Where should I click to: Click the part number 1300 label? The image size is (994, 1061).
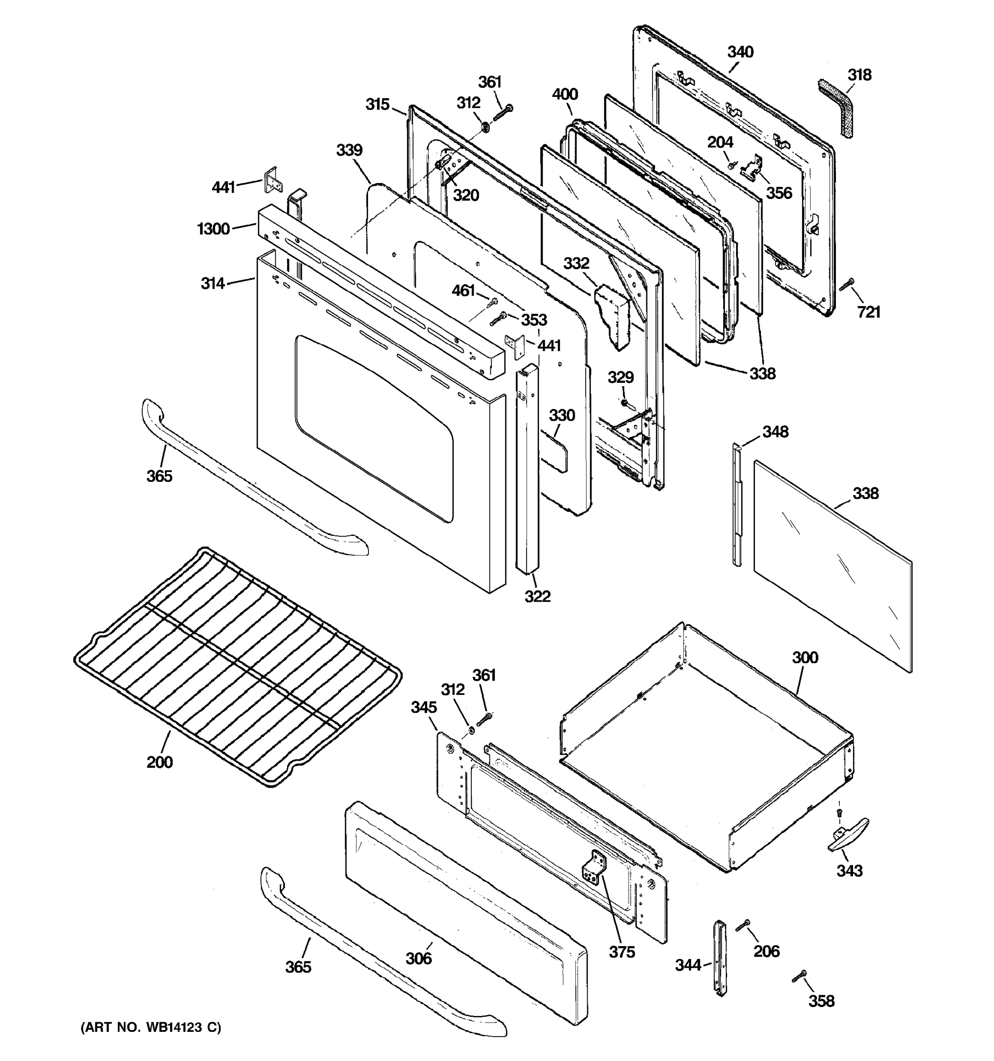(x=213, y=229)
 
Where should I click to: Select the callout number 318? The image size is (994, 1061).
(x=860, y=75)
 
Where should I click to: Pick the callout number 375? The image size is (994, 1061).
(x=622, y=952)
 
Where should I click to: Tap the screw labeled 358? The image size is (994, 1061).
(x=799, y=976)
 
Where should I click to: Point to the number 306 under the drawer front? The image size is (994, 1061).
(x=419, y=959)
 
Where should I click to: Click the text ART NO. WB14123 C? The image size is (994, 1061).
(x=151, y=1027)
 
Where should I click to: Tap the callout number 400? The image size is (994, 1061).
(x=565, y=95)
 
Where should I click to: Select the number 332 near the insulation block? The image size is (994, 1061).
(x=577, y=263)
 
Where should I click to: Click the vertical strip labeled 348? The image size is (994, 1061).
(x=737, y=504)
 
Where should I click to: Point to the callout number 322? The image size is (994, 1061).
(x=537, y=596)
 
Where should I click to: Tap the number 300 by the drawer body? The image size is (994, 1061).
(x=804, y=657)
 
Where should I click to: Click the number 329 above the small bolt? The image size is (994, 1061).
(x=621, y=378)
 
